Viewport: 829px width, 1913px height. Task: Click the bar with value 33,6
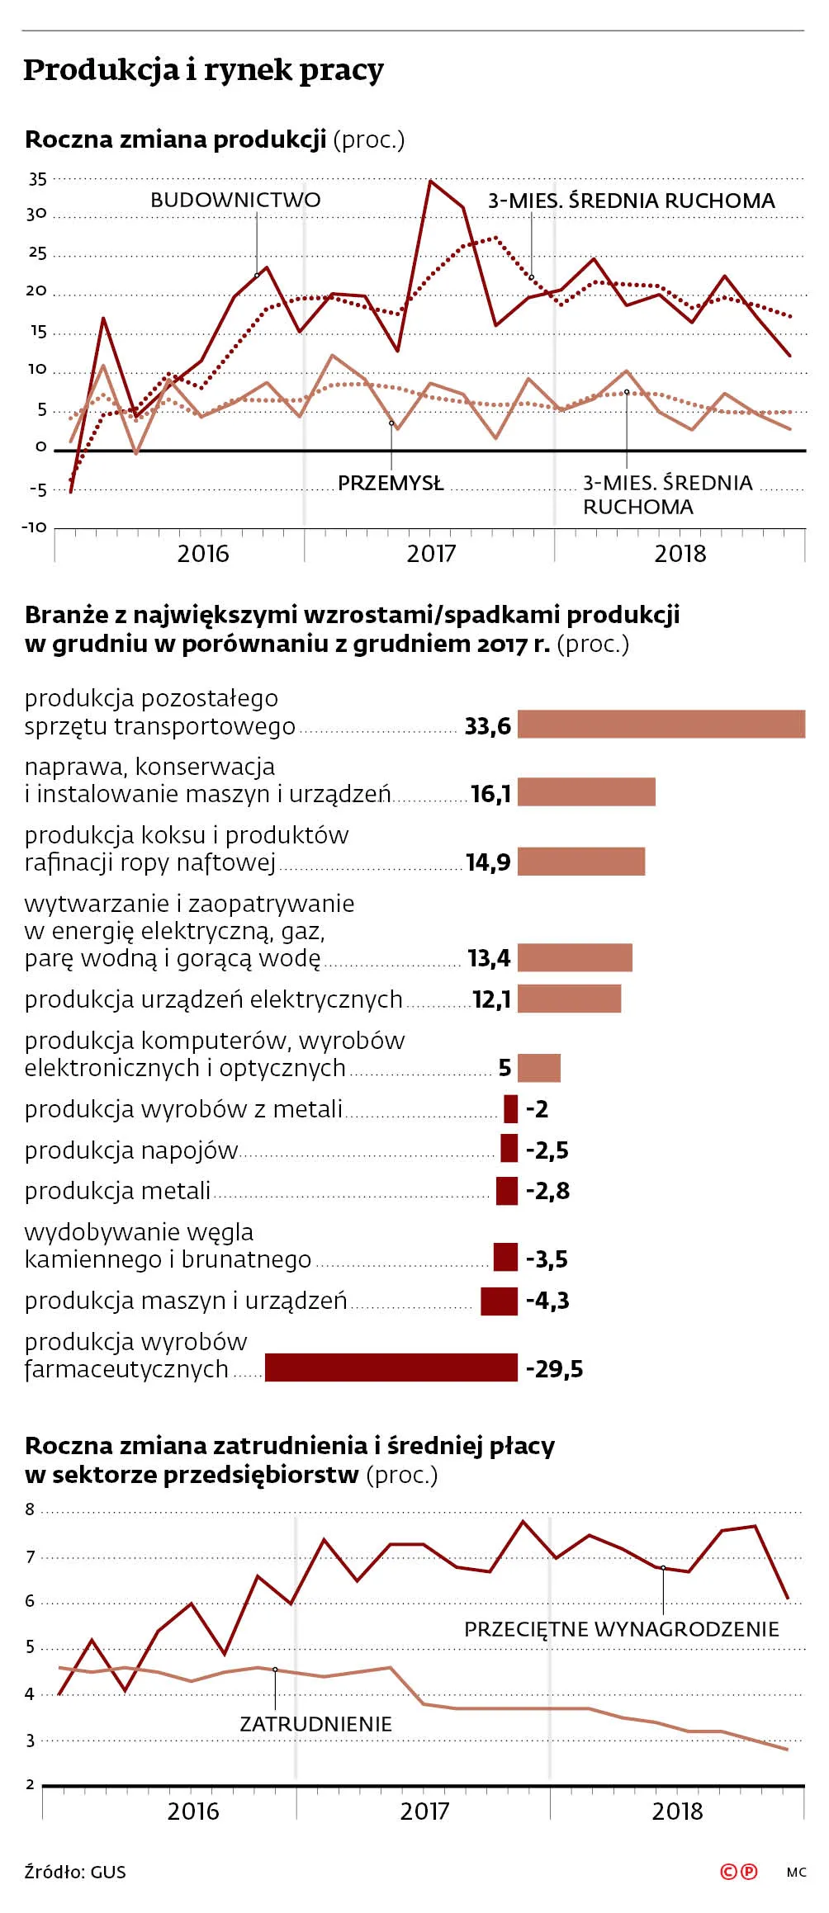pyautogui.click(x=661, y=724)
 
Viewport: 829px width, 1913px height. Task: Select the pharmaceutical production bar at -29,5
pyautogui.click(x=391, y=1367)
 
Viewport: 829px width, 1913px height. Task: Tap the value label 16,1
pyautogui.click(x=491, y=794)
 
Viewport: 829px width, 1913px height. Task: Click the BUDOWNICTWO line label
pyautogui.click(x=235, y=200)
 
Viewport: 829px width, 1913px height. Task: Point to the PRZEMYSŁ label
pyautogui.click(x=391, y=483)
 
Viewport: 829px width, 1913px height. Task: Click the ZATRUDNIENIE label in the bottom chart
pyautogui.click(x=315, y=1724)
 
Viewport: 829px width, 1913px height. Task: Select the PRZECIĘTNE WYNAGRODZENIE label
pyautogui.click(x=622, y=1629)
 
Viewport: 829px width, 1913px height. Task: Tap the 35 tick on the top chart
pyautogui.click(x=38, y=179)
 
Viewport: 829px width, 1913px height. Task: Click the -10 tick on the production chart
pyautogui.click(x=35, y=527)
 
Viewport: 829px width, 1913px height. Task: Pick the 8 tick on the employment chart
pyautogui.click(x=31, y=1509)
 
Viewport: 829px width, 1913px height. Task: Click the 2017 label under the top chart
pyautogui.click(x=431, y=553)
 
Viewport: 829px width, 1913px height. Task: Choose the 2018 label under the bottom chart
pyautogui.click(x=677, y=1811)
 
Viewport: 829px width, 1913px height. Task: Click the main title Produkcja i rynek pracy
pyautogui.click(x=203, y=70)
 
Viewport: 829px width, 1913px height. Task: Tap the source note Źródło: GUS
pyautogui.click(x=75, y=1872)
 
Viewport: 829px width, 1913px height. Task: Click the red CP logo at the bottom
pyautogui.click(x=739, y=1872)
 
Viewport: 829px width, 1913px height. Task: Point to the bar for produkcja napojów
pyautogui.click(x=509, y=1148)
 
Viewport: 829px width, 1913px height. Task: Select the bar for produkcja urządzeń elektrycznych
pyautogui.click(x=569, y=998)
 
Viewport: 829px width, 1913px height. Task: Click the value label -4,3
pyautogui.click(x=547, y=1301)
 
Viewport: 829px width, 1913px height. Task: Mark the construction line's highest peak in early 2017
pyautogui.click(x=430, y=181)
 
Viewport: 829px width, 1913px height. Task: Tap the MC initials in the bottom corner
pyautogui.click(x=796, y=1873)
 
